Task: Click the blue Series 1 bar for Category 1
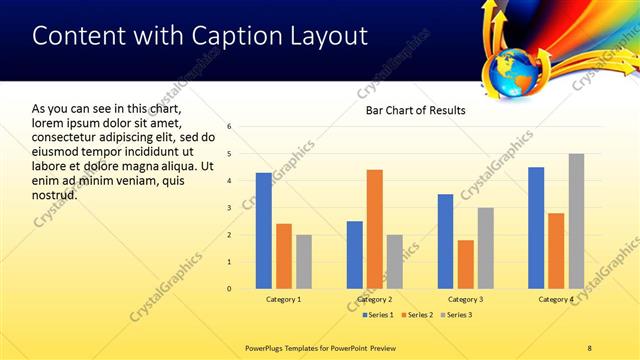(x=264, y=231)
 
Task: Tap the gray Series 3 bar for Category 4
(x=576, y=221)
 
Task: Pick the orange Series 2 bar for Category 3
(x=466, y=264)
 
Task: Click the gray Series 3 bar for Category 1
(x=304, y=262)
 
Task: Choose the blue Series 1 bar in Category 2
(x=355, y=255)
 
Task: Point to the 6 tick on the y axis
(x=229, y=127)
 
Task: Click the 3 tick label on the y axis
(x=229, y=208)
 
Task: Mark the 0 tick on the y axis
(x=229, y=289)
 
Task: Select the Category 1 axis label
(x=284, y=300)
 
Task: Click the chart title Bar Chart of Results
(x=415, y=110)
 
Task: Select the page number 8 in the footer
(x=590, y=347)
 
